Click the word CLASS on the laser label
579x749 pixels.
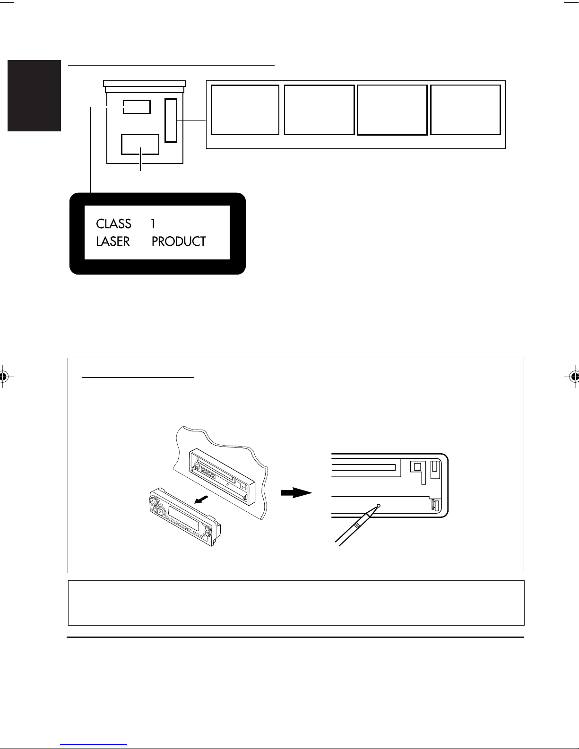pyautogui.click(x=113, y=224)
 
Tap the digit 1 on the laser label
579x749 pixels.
pyautogui.click(x=153, y=224)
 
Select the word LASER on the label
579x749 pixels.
pyautogui.click(x=112, y=241)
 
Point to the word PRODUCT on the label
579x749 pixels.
pyautogui.click(x=179, y=241)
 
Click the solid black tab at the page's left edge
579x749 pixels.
pyautogui.click(x=34, y=95)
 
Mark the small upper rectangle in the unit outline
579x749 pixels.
pyautogui.click(x=137, y=100)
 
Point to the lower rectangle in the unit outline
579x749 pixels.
pyautogui.click(x=140, y=135)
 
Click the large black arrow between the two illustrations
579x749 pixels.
pyautogui.click(x=296, y=493)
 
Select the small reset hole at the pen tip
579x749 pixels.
pyautogui.click(x=379, y=506)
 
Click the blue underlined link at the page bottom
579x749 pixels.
pyautogui.click(x=94, y=745)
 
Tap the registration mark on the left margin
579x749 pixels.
pyautogui.click(x=3, y=377)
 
